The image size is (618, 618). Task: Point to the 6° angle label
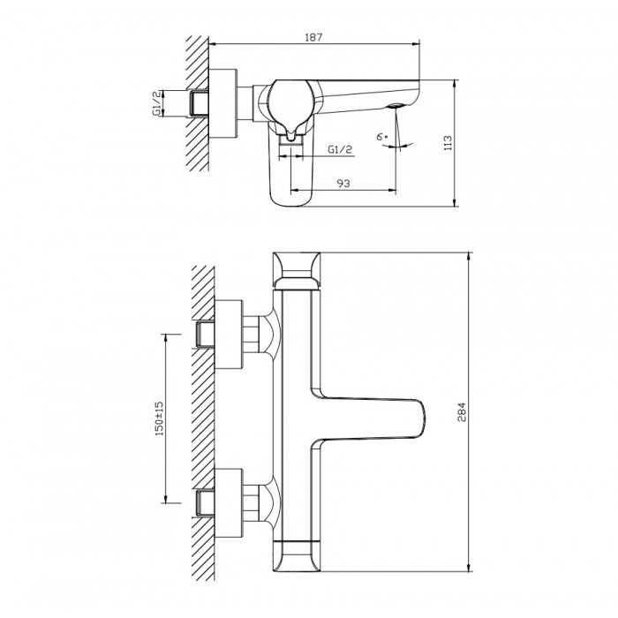click(381, 138)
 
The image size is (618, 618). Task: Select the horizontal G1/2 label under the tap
click(340, 151)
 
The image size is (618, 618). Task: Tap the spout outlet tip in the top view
click(394, 108)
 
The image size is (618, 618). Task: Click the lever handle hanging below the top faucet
click(295, 172)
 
